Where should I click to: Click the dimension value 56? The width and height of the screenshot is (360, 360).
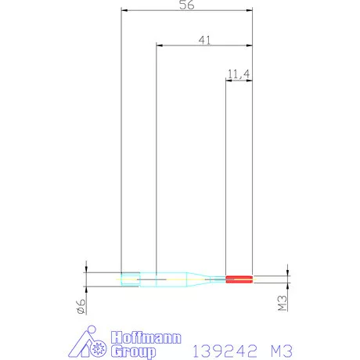(x=187, y=5)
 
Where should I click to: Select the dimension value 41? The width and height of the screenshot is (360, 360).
(x=204, y=40)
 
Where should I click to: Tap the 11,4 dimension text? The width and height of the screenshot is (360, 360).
(x=239, y=74)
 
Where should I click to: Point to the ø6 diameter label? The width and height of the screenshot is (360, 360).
(x=81, y=306)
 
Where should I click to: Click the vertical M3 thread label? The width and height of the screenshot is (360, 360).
(x=283, y=303)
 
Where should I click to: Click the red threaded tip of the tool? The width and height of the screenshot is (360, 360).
(x=239, y=279)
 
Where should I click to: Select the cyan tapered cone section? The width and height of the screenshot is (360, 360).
(x=199, y=279)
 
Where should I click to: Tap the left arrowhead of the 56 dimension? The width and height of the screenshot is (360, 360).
(x=124, y=10)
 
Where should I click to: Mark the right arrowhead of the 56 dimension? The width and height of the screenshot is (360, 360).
(x=250, y=10)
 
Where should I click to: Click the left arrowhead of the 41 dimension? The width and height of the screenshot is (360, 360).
(x=160, y=45)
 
